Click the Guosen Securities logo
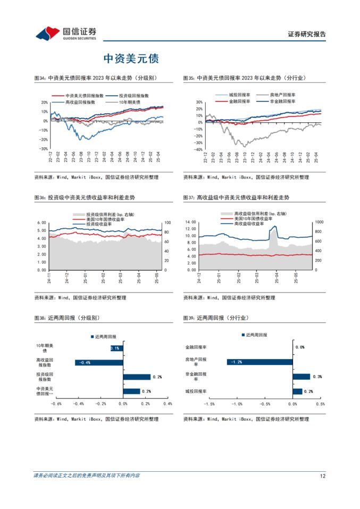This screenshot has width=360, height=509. coord(66,34)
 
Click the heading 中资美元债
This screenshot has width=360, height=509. coord(131,59)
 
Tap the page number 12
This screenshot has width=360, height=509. coord(322,475)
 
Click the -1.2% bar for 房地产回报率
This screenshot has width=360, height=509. coord(259,362)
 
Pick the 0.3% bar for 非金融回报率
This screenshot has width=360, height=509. coord(301,377)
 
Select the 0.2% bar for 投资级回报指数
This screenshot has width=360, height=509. coord(136,377)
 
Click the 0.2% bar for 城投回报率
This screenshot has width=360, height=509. coord(298,391)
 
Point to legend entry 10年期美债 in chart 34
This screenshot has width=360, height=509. coord(130,102)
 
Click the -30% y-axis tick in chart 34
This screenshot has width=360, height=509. coord(44,149)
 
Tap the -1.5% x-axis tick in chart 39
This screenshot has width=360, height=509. coord(208,404)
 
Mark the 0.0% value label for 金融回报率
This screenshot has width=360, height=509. coord(299,347)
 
